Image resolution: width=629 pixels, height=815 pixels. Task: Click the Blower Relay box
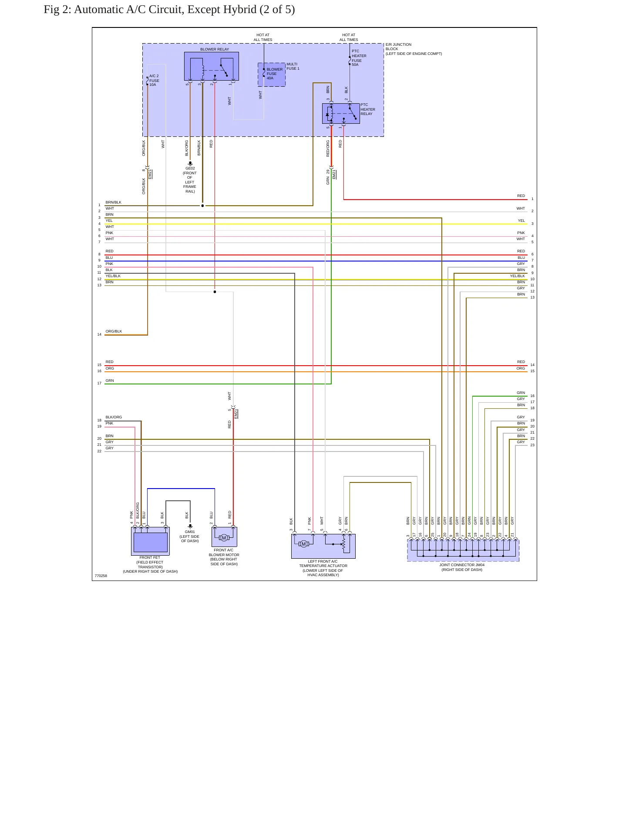coord(211,66)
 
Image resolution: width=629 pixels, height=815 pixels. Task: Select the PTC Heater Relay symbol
coord(341,113)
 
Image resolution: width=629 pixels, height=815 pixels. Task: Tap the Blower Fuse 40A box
coord(272,75)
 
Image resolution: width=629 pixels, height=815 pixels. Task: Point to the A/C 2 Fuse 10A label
coord(154,80)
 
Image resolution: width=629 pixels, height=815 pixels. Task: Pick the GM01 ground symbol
coord(190,526)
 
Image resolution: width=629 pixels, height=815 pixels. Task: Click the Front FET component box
coord(150,541)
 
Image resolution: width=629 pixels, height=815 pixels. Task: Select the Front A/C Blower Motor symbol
coord(224,537)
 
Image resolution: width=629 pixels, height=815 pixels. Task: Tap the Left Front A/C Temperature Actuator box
coord(323,546)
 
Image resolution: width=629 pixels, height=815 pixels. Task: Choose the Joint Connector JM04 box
coord(463,550)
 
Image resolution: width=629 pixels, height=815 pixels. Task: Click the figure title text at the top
coord(169,10)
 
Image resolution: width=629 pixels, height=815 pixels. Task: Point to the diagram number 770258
coord(101,576)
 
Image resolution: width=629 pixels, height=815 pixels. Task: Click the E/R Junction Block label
coord(414,49)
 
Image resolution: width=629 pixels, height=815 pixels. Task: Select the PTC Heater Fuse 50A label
coord(359,58)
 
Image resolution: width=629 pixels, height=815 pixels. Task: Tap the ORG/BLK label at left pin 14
coord(114,331)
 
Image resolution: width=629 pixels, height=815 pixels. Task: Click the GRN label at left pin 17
coord(110,380)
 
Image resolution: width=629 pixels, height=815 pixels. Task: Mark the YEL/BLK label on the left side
coord(113,276)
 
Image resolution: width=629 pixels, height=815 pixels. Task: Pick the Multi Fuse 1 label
coord(293,66)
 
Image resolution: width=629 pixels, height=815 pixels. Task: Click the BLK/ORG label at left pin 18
coord(114,417)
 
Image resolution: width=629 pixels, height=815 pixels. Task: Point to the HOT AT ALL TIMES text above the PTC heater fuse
coord(349,37)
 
